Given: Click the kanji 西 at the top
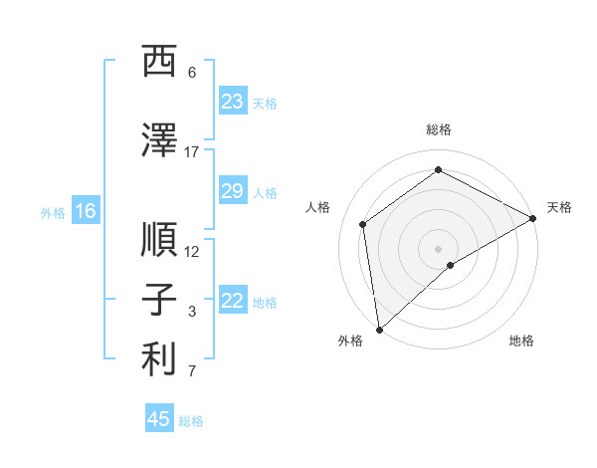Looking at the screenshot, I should (x=160, y=63).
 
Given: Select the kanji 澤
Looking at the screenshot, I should (x=160, y=140).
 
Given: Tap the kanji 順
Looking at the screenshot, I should (x=160, y=240).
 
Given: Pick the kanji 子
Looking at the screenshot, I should (x=160, y=301).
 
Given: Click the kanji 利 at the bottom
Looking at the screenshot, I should (x=160, y=360).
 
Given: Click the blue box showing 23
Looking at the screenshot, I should (x=232, y=102).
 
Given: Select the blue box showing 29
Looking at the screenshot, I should (x=232, y=192).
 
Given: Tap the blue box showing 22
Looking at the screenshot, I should (x=232, y=302).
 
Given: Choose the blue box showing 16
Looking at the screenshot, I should (x=85, y=211).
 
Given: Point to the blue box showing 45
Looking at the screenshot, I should (x=159, y=419).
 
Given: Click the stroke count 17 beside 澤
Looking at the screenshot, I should (x=192, y=152).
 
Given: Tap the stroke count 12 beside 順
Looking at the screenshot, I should (x=192, y=252).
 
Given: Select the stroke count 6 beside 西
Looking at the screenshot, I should (x=192, y=73).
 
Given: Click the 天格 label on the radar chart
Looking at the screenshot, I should (x=559, y=207).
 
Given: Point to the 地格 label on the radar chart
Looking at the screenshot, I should (x=521, y=341).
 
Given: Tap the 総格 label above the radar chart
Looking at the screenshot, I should (x=439, y=129).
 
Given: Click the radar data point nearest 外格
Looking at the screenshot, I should (x=378, y=330).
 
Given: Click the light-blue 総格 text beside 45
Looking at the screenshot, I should (x=191, y=421).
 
